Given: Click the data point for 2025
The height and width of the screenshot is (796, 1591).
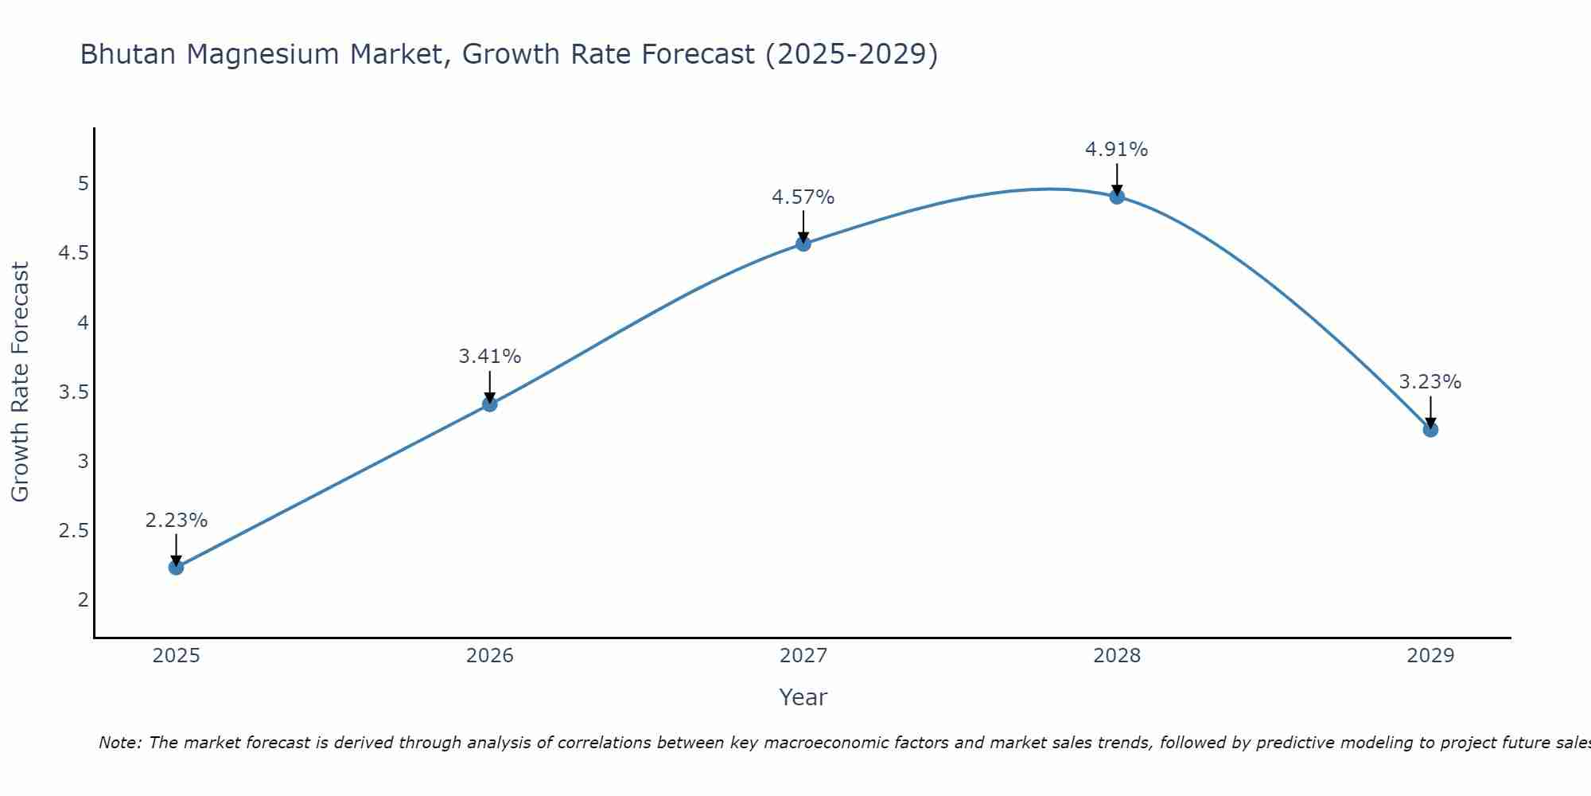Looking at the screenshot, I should pyautogui.click(x=176, y=568).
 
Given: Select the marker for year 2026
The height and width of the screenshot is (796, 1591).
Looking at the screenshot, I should pyautogui.click(x=489, y=404).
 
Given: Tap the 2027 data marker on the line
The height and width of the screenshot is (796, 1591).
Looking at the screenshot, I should pyautogui.click(x=803, y=244).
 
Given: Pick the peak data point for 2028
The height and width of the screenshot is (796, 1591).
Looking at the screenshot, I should pyautogui.click(x=1117, y=197).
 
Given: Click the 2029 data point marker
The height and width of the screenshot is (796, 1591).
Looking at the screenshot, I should pyautogui.click(x=1430, y=430).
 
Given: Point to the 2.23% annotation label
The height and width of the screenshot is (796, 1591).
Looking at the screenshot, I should pyautogui.click(x=176, y=521).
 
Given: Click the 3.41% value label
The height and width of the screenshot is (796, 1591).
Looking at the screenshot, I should pyautogui.click(x=489, y=357).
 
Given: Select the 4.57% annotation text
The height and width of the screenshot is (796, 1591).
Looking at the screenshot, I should pyautogui.click(x=803, y=197).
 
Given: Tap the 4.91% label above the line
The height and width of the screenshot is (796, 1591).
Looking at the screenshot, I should pyautogui.click(x=1117, y=150).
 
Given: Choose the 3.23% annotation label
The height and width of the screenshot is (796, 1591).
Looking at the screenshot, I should pyautogui.click(x=1430, y=382).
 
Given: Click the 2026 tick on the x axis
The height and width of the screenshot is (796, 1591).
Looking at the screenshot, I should pyautogui.click(x=489, y=656).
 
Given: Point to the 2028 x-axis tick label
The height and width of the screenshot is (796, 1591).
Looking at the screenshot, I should pyautogui.click(x=1117, y=656).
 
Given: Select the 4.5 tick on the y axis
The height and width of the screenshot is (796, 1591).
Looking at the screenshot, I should pyautogui.click(x=73, y=253).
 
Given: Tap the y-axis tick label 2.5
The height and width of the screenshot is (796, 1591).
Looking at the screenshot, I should pyautogui.click(x=73, y=531).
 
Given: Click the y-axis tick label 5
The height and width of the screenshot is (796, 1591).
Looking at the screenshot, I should pyautogui.click(x=83, y=184).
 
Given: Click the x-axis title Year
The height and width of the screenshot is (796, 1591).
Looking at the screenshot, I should pyautogui.click(x=803, y=697).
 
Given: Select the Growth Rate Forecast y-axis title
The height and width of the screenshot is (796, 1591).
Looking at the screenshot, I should pyautogui.click(x=20, y=382).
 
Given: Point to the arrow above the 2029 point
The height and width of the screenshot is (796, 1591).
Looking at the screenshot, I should pyautogui.click(x=1430, y=412).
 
